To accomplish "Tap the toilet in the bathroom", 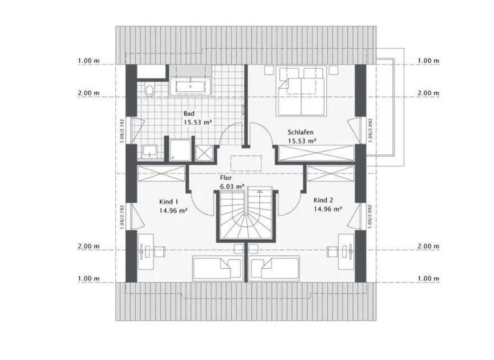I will click(149, 91).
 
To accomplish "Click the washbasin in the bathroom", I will click(149, 151).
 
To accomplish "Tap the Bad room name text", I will click(189, 113).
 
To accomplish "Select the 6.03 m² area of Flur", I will click(232, 186).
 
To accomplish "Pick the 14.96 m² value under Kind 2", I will click(327, 208).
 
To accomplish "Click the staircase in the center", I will click(246, 215).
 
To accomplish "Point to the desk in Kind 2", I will click(347, 250).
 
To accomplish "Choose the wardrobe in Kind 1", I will click(161, 174).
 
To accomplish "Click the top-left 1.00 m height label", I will click(88, 61).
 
